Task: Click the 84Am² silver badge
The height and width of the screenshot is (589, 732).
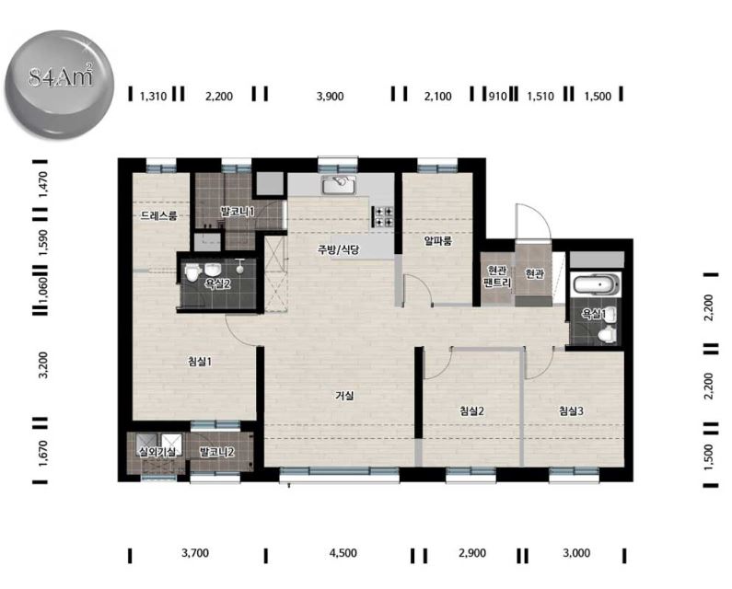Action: point(59,84)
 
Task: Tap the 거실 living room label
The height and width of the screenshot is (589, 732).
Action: point(344,396)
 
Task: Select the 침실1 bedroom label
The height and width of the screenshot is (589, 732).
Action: point(200,362)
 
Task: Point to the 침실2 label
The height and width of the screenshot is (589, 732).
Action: point(471,410)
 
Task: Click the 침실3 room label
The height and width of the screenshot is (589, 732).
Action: point(571,410)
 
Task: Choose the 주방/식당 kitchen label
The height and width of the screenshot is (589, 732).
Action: point(339,249)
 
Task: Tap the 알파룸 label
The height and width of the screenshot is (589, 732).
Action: point(438,241)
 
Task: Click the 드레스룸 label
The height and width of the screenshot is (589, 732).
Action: point(158,215)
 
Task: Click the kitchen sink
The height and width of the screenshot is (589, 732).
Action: point(339,185)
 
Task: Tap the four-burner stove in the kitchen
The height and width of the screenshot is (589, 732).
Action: point(384,217)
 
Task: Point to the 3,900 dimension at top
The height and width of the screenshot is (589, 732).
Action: point(330,96)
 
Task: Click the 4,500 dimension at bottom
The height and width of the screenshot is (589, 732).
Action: point(343,553)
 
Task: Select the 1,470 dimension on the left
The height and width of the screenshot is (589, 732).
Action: point(43,184)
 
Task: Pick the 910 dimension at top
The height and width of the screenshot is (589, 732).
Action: point(497,96)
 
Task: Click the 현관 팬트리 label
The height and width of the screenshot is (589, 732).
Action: point(496,277)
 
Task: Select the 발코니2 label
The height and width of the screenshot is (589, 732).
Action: point(216,451)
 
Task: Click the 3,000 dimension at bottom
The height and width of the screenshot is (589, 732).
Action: point(576,553)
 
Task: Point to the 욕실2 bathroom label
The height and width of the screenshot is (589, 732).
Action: point(217,283)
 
